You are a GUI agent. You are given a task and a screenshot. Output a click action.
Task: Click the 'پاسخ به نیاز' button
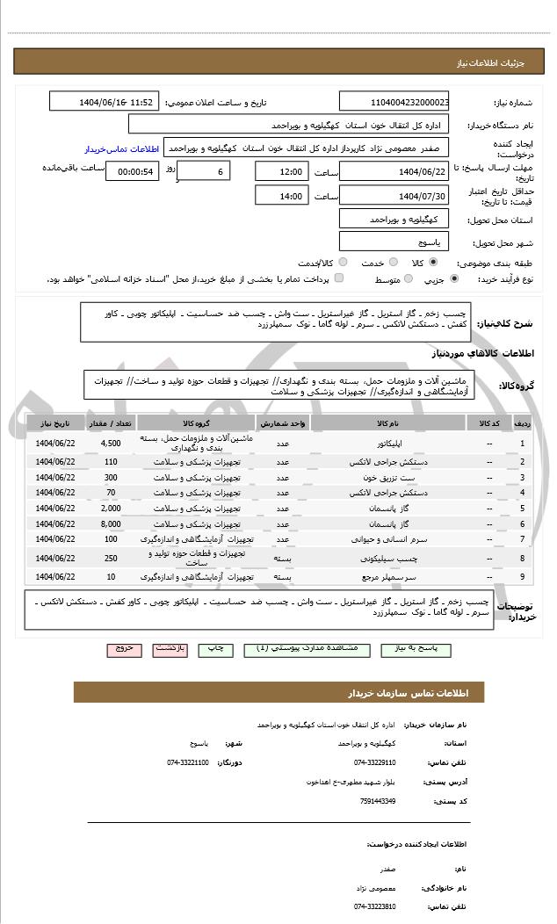click(416, 648)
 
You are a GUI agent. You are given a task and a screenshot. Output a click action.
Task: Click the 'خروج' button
click(124, 648)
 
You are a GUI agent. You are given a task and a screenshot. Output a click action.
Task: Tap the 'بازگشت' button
click(170, 648)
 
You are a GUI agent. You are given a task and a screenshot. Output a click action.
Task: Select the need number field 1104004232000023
click(394, 102)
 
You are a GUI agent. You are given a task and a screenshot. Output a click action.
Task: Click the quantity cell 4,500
click(111, 444)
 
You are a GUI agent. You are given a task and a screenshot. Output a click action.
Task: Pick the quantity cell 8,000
click(111, 523)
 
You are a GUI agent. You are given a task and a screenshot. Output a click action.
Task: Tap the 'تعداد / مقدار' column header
click(111, 423)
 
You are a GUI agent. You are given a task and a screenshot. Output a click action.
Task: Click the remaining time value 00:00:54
click(132, 171)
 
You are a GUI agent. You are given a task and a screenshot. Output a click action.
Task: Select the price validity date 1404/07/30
click(394, 195)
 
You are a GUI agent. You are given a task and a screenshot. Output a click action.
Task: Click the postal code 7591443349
click(378, 800)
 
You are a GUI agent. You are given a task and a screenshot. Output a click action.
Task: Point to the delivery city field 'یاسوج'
click(394, 241)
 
